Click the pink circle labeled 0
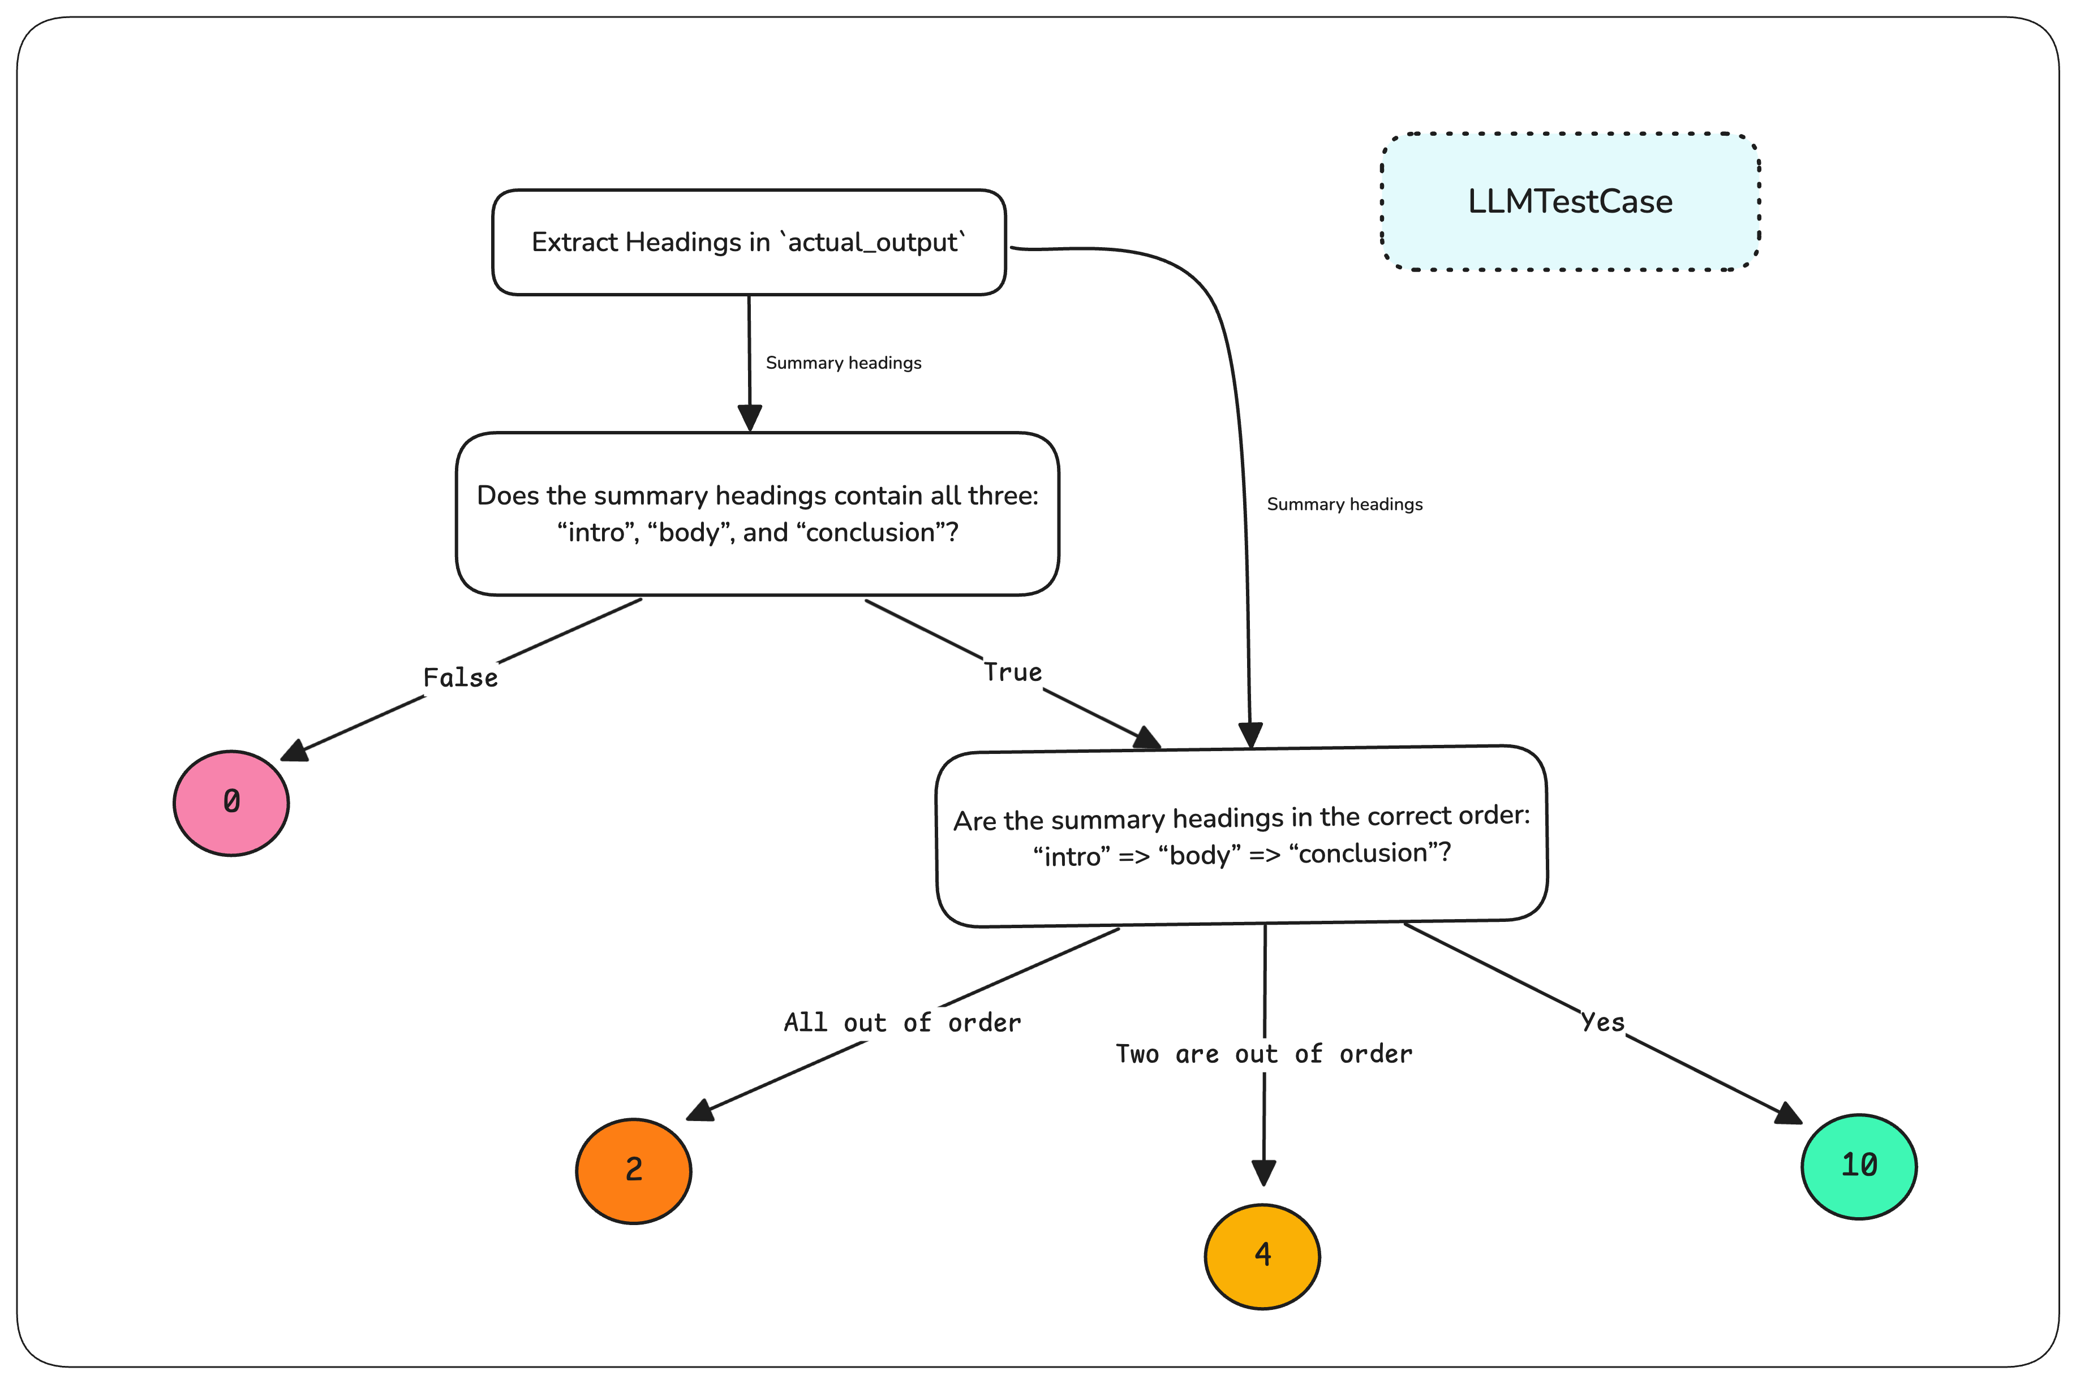point(231,803)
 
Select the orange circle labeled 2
point(633,1170)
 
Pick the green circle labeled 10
point(1858,1166)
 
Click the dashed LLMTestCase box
point(1570,202)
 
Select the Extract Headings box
point(749,242)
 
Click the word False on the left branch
point(460,678)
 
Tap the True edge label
point(1013,672)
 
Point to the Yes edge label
point(1603,1022)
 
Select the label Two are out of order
point(1263,1054)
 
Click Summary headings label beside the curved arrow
point(1344,504)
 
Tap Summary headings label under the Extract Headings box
point(843,363)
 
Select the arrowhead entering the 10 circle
point(1787,1113)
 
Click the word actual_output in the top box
point(872,242)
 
